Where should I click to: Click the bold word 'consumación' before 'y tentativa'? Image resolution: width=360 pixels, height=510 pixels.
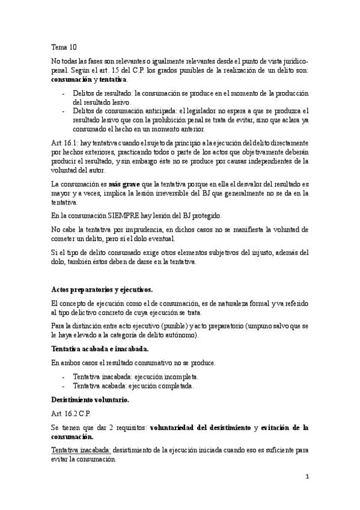[72, 79]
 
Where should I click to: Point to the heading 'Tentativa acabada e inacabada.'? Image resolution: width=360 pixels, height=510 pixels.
[91, 349]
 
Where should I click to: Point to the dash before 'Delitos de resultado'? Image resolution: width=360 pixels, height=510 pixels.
[64, 93]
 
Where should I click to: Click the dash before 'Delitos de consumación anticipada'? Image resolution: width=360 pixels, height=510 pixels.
[64, 111]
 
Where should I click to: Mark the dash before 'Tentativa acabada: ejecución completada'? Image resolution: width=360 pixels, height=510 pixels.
[64, 386]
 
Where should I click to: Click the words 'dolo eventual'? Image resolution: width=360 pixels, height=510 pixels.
[177, 238]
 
